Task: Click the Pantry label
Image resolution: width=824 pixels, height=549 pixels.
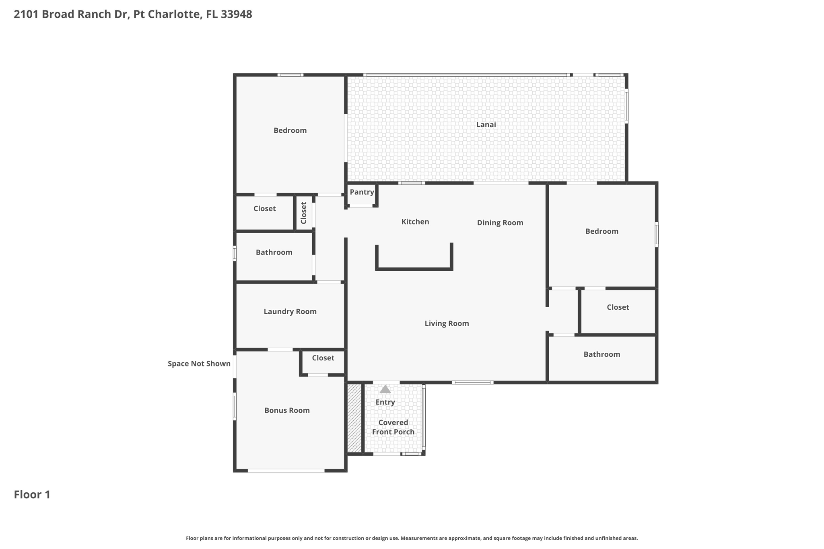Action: [x=362, y=192]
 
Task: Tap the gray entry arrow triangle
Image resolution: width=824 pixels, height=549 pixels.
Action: [x=385, y=389]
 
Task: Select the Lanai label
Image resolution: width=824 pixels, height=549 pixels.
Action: [x=486, y=125]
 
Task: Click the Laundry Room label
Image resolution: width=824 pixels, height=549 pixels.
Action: [x=290, y=312]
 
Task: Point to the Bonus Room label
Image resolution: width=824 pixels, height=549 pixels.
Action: [x=287, y=411]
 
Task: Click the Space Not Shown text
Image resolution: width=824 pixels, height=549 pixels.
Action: [x=199, y=364]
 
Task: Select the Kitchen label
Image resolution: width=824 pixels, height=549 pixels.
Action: [x=415, y=222]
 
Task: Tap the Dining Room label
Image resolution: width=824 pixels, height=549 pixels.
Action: [x=500, y=223]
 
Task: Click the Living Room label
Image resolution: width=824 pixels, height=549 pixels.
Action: [x=447, y=324]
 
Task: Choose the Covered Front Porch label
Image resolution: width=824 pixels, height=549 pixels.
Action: [x=393, y=427]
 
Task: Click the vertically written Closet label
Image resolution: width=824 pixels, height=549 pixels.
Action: [x=304, y=213]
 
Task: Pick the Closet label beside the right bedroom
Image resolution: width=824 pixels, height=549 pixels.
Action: [x=618, y=307]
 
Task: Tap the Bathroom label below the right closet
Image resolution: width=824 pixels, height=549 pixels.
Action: [x=602, y=354]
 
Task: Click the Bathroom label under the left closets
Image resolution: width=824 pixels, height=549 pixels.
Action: [x=274, y=253]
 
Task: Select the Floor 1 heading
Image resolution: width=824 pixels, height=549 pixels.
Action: [x=32, y=495]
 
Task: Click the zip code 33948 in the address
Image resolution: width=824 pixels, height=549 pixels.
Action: [x=237, y=14]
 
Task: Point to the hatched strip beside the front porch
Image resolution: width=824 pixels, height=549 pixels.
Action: [x=354, y=418]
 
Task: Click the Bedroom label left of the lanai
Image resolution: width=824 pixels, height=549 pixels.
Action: [x=290, y=131]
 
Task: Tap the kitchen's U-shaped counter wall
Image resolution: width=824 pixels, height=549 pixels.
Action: [x=414, y=269]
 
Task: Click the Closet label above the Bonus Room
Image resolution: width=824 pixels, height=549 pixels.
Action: [x=323, y=358]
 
